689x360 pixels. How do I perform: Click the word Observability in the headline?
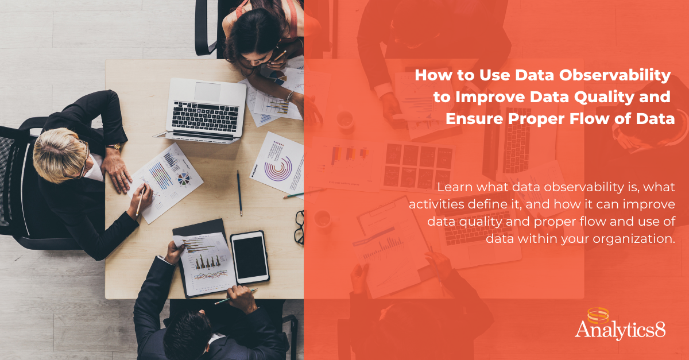(614, 75)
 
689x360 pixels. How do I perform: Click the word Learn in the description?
(455, 187)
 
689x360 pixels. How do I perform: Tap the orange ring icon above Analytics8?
(598, 316)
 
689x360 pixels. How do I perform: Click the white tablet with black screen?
(250, 257)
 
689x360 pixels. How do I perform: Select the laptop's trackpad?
(207, 91)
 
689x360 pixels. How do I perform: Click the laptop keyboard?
(205, 117)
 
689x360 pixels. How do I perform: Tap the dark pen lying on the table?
(239, 193)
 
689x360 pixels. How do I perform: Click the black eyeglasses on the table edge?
(299, 227)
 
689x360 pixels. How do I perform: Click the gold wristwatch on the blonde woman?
(115, 146)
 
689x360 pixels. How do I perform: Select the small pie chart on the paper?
(184, 179)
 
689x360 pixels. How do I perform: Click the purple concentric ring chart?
(278, 169)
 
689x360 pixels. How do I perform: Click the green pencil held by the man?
(235, 297)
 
